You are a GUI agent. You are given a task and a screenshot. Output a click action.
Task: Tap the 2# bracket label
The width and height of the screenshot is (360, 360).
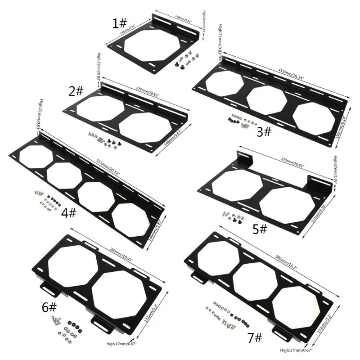coord(76,91)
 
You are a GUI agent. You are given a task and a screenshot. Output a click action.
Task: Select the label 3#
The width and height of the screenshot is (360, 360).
coord(264,131)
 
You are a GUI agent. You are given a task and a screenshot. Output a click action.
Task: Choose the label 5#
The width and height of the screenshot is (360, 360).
coord(260,229)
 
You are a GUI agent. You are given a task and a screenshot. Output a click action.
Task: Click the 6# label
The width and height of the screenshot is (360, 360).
coord(49,307)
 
